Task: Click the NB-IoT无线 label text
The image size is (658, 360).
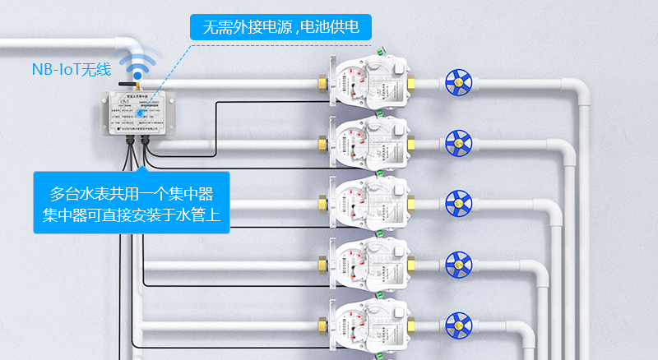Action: coord(71,70)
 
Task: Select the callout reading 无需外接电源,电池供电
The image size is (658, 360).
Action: coord(280,27)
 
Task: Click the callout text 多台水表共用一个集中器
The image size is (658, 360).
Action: coord(132,194)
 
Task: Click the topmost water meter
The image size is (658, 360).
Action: coord(368,82)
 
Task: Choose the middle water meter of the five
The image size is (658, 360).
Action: coord(368,202)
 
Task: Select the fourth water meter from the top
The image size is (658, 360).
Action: coord(368,263)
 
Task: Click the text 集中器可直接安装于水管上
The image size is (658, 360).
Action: coord(132,215)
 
